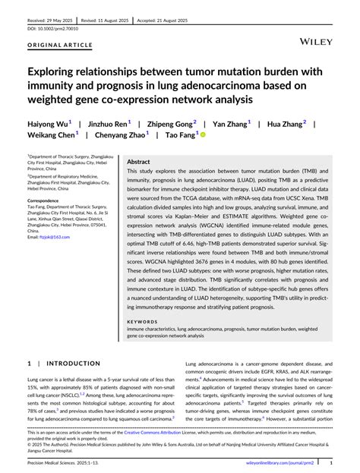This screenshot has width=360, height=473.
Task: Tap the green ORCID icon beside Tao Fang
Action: (x=203, y=135)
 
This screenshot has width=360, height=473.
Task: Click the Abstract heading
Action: (x=138, y=162)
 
